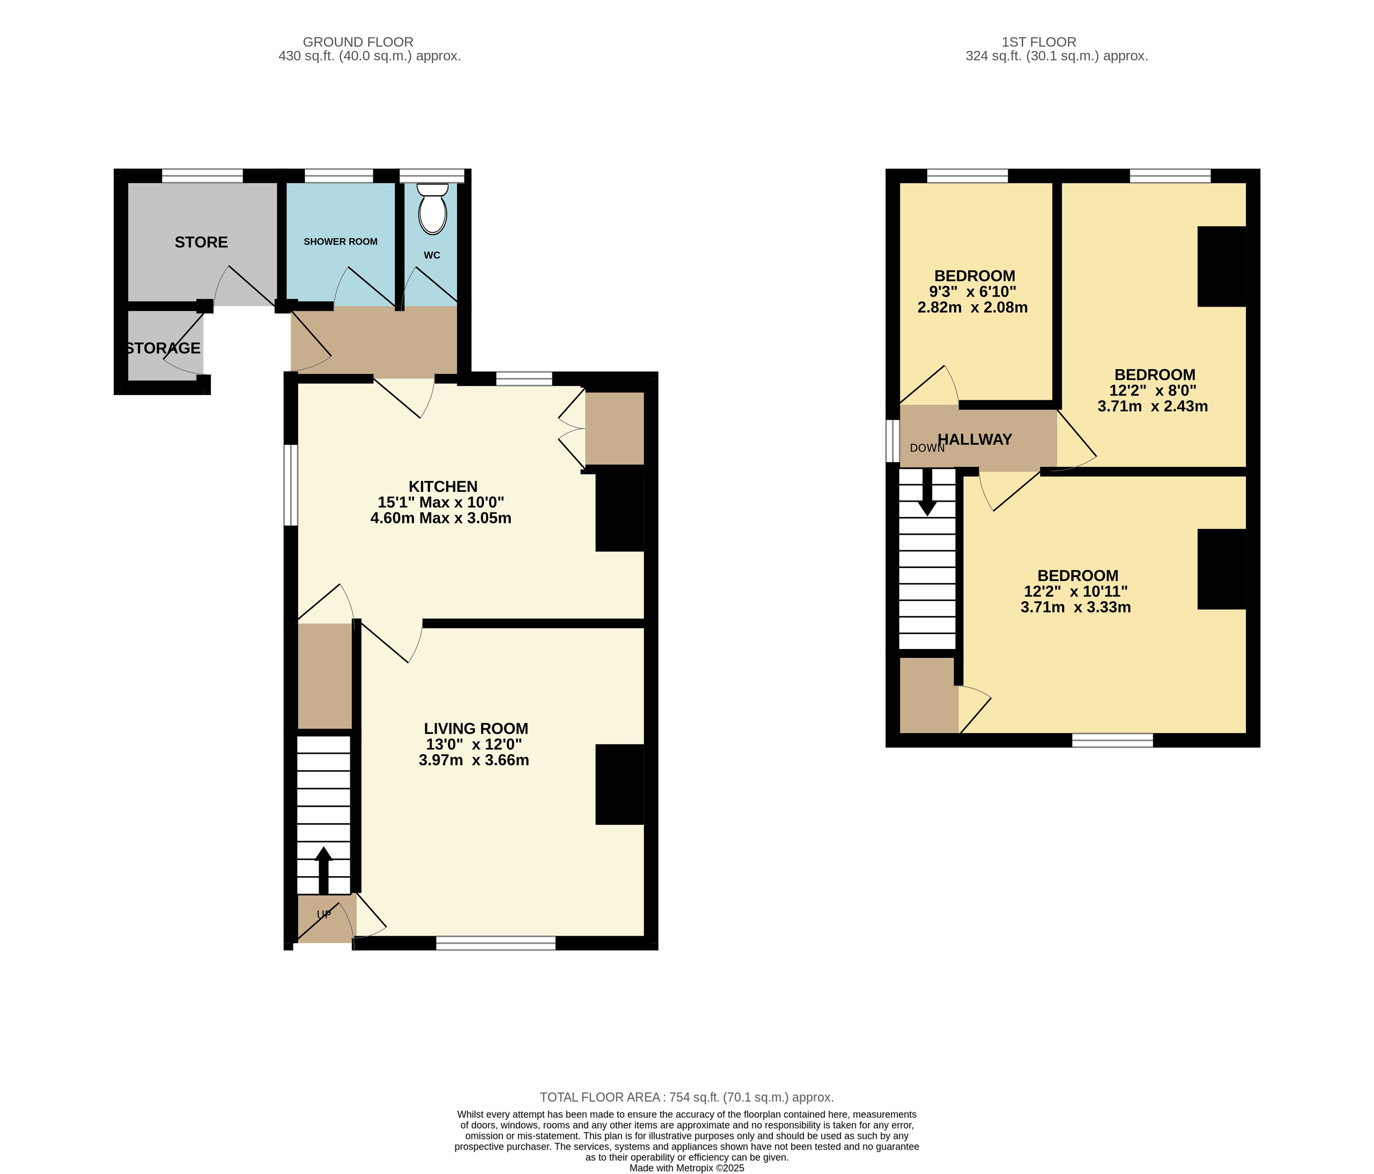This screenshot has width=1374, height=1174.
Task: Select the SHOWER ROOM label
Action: point(340,241)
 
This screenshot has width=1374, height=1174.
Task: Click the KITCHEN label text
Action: point(443,486)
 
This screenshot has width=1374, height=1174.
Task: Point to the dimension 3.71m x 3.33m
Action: point(1075,607)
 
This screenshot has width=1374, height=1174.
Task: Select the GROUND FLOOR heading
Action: point(358,42)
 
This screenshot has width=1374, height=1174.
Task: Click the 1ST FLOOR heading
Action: point(1039,42)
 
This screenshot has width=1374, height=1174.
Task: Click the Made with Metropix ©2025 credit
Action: point(687,1168)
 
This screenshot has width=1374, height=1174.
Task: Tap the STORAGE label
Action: point(163,348)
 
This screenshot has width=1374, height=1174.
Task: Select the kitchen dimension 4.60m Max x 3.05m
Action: point(441,518)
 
